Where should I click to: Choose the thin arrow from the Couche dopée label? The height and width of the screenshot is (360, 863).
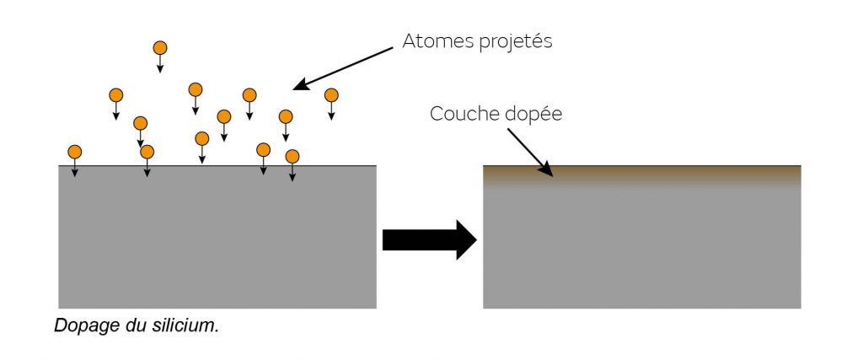coord(531,152)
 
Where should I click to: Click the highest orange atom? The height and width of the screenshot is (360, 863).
coord(159,48)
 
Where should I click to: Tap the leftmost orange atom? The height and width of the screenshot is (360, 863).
coord(74,152)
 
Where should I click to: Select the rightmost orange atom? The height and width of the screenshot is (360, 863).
coord(331,94)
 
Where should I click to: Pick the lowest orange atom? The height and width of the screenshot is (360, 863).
coord(292,156)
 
